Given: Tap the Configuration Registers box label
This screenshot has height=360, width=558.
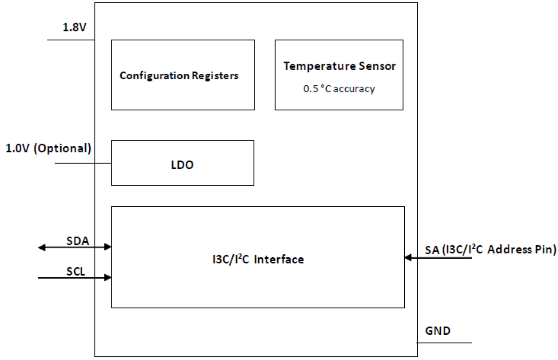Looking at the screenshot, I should click(179, 76).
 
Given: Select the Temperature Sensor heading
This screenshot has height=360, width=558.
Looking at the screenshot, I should click(339, 66).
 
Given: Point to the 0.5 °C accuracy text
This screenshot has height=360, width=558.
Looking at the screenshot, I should click(339, 89).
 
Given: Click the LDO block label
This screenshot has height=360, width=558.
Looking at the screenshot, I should click(183, 165).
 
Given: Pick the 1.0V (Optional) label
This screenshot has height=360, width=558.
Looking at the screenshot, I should click(48, 148).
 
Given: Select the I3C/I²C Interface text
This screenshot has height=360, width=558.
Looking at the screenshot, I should click(258, 259).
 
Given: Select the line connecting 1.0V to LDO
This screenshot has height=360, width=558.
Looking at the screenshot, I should click(83, 163).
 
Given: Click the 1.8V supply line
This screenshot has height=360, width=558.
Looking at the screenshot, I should click(71, 40).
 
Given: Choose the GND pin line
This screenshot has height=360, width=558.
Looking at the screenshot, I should click(444, 343).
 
